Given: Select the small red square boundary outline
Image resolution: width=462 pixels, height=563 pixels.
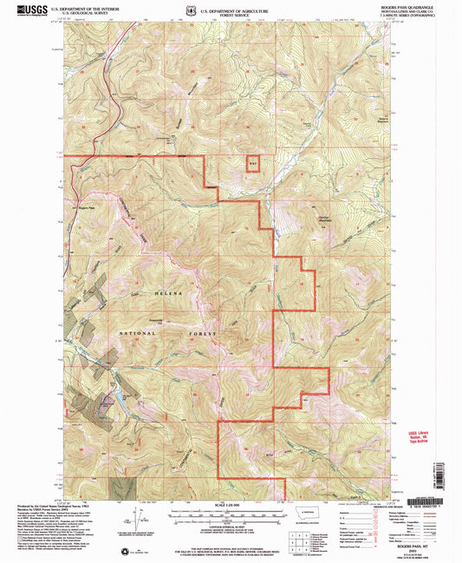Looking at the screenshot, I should pyautogui.click(x=253, y=163).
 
